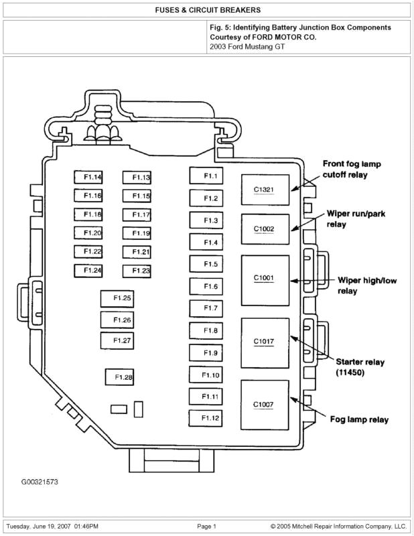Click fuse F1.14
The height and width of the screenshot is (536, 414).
(x=88, y=178)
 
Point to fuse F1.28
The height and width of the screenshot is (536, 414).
(x=119, y=377)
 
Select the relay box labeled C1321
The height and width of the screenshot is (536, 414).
(x=265, y=190)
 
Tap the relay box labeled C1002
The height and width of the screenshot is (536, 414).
(x=265, y=229)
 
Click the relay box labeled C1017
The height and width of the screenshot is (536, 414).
(x=265, y=342)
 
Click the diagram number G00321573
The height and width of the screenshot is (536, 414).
(x=39, y=482)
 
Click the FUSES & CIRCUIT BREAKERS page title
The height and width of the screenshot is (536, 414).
(x=207, y=10)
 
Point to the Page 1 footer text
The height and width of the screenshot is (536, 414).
(x=206, y=527)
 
